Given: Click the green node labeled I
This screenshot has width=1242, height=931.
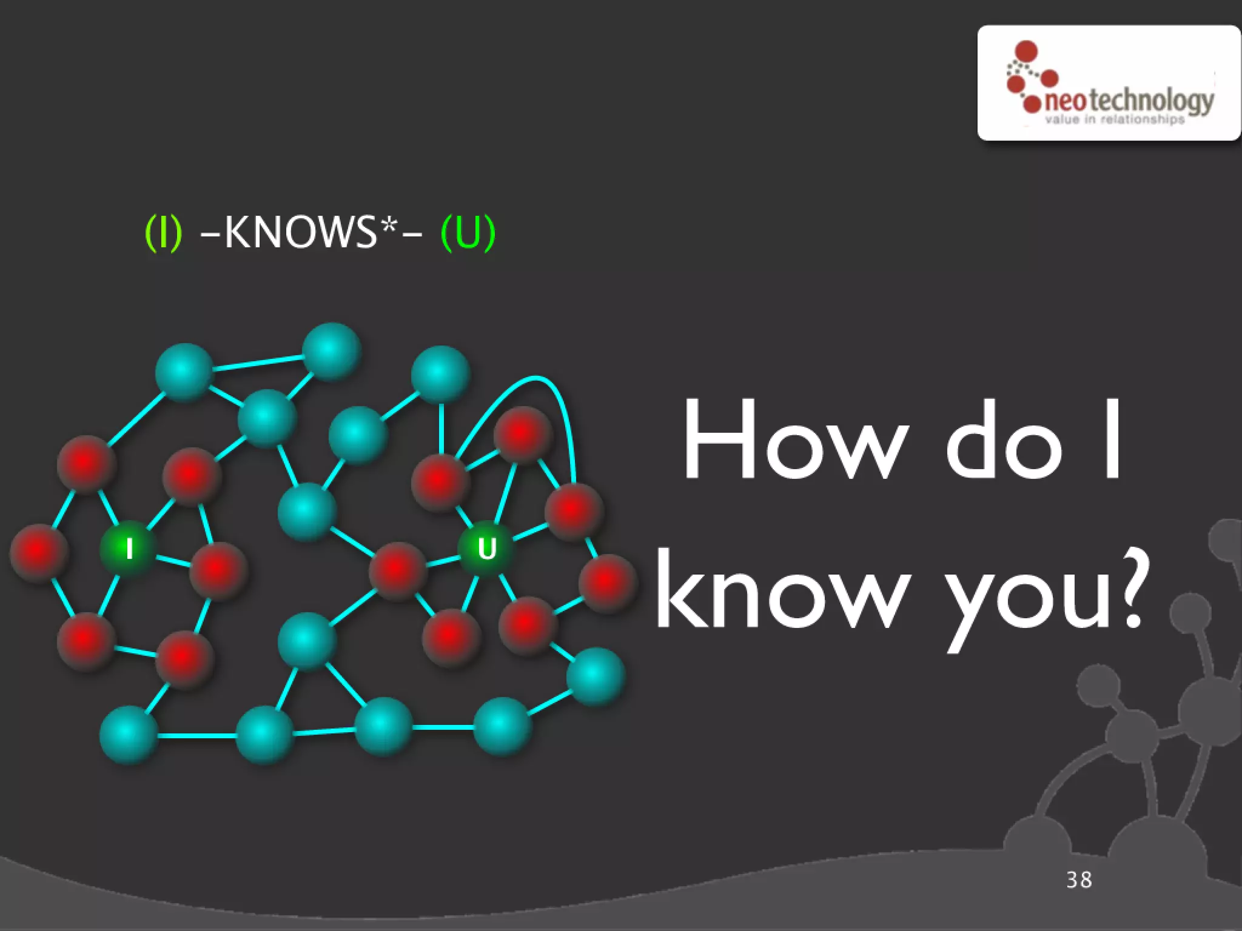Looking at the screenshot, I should (129, 549).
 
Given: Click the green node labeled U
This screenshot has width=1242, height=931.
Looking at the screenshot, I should (486, 549).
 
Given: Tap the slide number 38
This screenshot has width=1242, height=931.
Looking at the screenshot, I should (1079, 879).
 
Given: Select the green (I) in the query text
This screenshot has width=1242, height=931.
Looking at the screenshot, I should (163, 233).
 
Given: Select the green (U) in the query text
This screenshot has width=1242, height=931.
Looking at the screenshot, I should (468, 233).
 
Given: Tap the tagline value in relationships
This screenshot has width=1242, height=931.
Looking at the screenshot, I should (1115, 119).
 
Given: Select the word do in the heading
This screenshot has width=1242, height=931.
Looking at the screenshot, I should (1004, 439).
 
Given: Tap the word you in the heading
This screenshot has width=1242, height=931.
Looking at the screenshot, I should (1025, 597).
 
